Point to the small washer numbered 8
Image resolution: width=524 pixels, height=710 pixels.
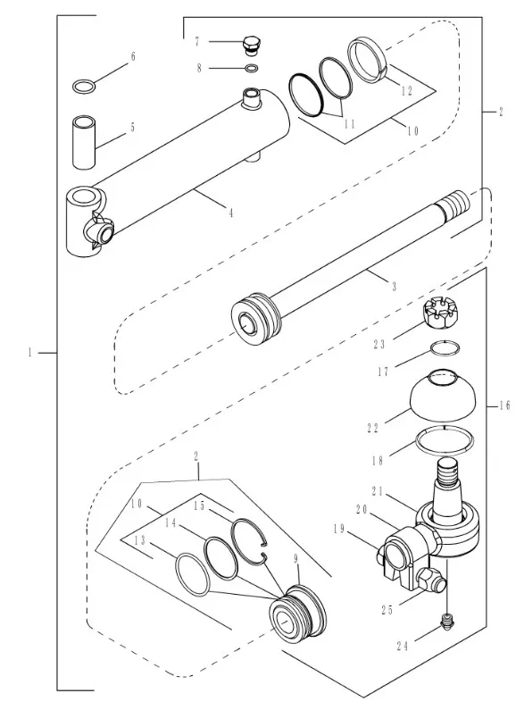pos(252,69)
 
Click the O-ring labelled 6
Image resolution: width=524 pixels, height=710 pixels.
pos(84,86)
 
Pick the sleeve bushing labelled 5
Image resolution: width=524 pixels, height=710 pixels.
pos(84,142)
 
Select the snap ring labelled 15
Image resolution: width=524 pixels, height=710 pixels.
pos(250,541)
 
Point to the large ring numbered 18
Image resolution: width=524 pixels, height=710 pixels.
pos(445,440)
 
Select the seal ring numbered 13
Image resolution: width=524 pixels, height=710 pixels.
pos(192,573)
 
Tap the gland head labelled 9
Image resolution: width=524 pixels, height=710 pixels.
pos(297,609)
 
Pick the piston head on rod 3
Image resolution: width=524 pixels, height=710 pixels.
pos(256,318)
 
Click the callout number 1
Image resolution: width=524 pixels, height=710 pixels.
pos(30,352)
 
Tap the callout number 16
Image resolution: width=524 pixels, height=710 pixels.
pos(505,405)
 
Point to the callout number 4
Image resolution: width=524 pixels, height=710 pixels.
pos(231,213)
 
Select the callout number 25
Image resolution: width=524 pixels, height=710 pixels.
pos(387,610)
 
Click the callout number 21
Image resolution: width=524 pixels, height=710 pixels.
pos(378,491)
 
